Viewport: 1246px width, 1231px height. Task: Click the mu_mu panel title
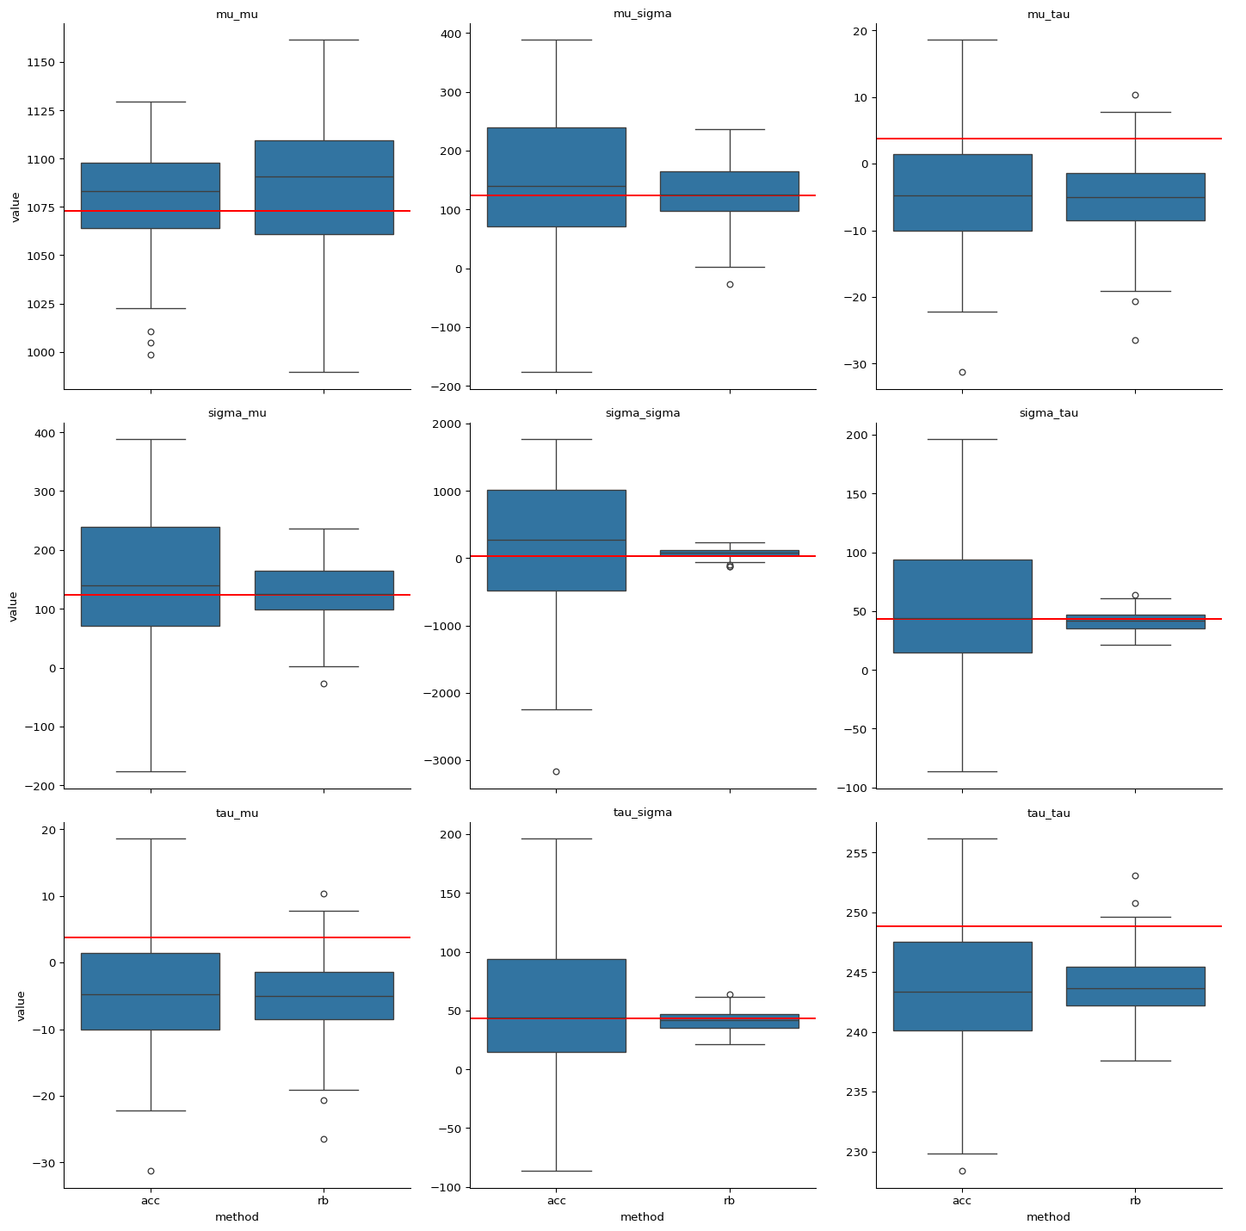point(237,14)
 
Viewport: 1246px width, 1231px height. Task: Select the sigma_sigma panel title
point(643,413)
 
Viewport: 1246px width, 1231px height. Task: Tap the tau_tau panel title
point(1048,813)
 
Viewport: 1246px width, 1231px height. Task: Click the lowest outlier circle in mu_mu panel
point(151,355)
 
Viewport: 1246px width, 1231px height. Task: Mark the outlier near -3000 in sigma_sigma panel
point(556,771)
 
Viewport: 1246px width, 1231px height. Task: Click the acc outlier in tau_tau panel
point(962,1171)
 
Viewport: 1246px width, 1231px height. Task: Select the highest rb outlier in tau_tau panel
point(1135,875)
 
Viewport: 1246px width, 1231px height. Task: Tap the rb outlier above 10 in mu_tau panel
point(1135,95)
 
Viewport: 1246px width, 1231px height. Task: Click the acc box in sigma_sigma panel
point(556,540)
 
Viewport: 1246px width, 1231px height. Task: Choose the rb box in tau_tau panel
point(1135,986)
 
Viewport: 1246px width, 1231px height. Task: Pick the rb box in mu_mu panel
point(324,187)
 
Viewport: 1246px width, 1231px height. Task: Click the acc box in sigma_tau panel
point(962,606)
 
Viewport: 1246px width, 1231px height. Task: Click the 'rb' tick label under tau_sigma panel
point(729,1201)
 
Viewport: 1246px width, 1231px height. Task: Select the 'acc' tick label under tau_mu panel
point(151,1201)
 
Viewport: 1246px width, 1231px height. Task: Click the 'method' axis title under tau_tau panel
point(1048,1217)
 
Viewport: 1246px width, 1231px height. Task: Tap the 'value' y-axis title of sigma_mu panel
point(13,606)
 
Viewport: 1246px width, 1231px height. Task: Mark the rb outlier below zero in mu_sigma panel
point(730,284)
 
